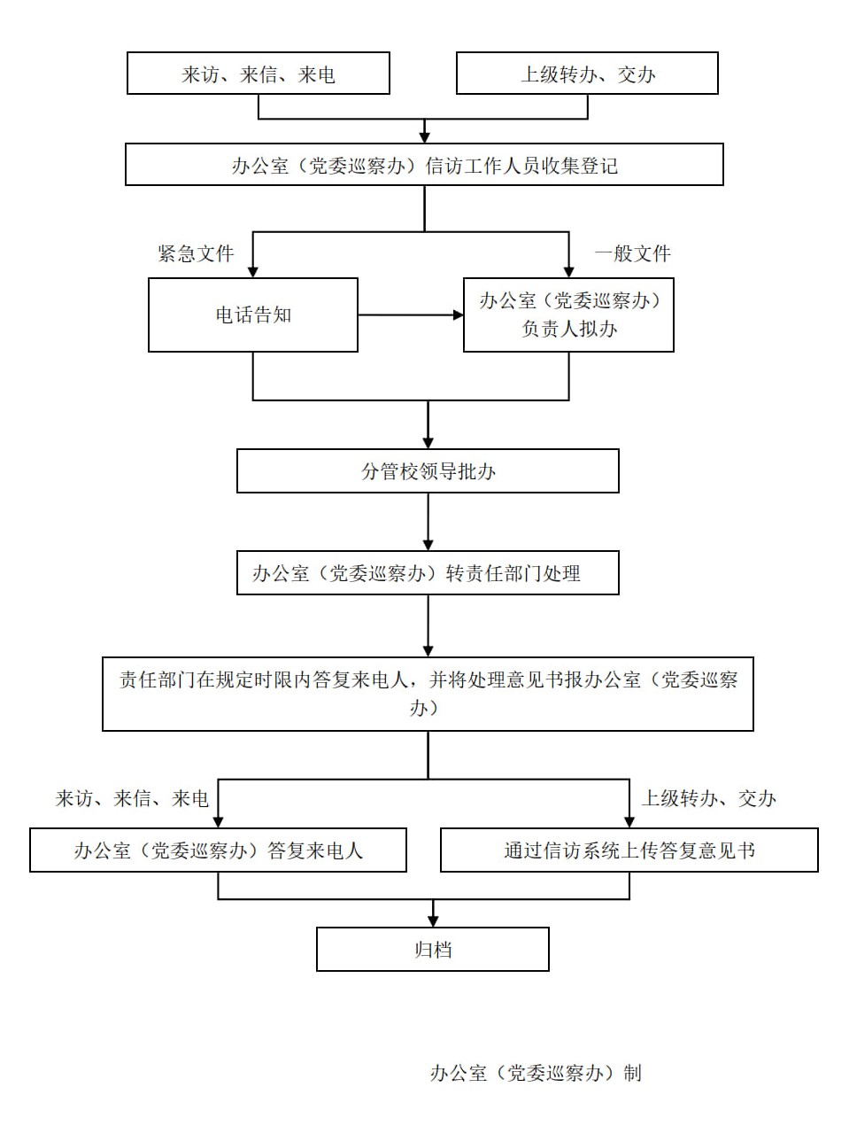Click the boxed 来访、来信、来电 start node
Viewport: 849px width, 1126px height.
click(258, 74)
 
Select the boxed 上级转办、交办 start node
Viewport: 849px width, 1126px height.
click(587, 74)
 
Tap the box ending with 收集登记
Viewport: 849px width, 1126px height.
click(424, 165)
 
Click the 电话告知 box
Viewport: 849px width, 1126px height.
click(253, 315)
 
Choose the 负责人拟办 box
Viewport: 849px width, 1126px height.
click(568, 315)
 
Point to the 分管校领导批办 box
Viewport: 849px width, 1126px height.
click(428, 471)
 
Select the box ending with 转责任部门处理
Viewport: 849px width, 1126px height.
click(428, 573)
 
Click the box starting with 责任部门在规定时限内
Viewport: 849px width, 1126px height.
click(428, 694)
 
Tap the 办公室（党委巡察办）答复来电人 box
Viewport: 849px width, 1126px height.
click(218, 850)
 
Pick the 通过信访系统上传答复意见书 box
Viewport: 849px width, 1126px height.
click(629, 850)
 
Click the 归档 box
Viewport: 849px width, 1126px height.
click(433, 950)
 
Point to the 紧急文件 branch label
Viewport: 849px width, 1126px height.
click(196, 254)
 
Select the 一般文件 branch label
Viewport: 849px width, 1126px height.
click(632, 254)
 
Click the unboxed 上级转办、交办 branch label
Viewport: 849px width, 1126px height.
click(708, 799)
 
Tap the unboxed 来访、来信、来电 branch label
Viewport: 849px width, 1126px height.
click(132, 799)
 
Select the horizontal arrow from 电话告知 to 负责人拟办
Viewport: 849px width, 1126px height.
click(410, 315)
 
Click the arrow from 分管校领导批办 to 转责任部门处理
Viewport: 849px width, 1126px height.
click(428, 522)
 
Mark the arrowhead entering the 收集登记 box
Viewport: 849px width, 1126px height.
click(424, 136)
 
